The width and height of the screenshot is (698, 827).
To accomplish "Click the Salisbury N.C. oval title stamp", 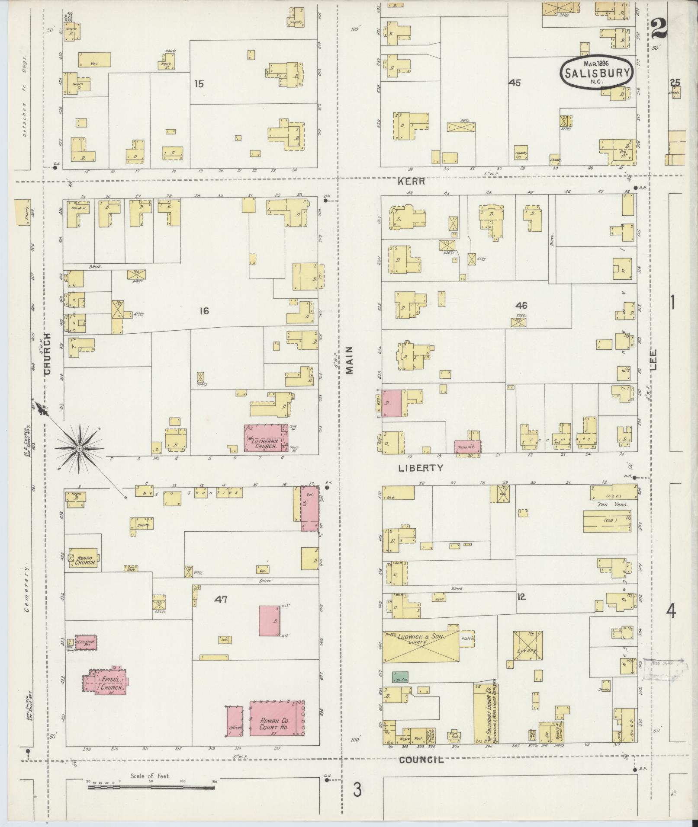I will pyautogui.click(x=597, y=72).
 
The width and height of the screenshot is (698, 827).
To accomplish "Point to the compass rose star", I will pyautogui.click(x=79, y=449).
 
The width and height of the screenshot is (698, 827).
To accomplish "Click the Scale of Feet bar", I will pyautogui.click(x=151, y=787).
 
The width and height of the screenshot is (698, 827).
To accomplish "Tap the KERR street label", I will pyautogui.click(x=412, y=182).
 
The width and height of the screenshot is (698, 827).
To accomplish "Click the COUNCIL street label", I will pyautogui.click(x=421, y=759).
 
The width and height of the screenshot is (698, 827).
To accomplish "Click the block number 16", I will pyautogui.click(x=204, y=310).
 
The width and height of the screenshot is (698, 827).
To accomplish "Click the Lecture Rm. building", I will pyautogui.click(x=86, y=641).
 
